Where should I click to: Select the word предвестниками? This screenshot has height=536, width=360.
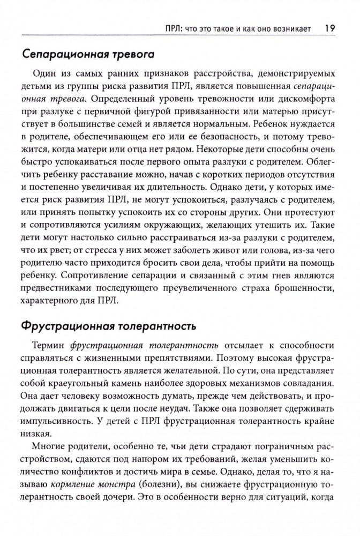[x=58, y=287]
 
